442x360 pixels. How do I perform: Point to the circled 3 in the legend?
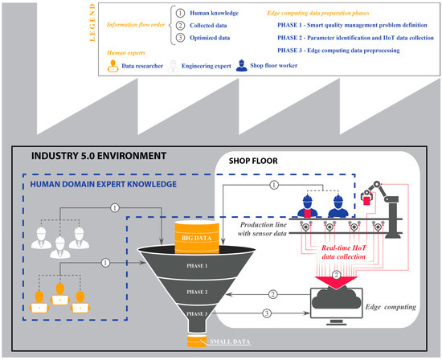coord(182,37)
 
